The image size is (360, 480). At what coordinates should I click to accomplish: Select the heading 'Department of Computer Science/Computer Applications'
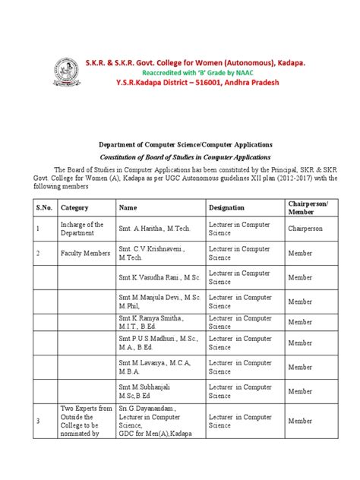[x=179, y=143]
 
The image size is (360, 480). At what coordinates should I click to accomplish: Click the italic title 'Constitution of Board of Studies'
[x=179, y=155]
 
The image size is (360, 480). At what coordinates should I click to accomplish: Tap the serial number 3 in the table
[x=37, y=420]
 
